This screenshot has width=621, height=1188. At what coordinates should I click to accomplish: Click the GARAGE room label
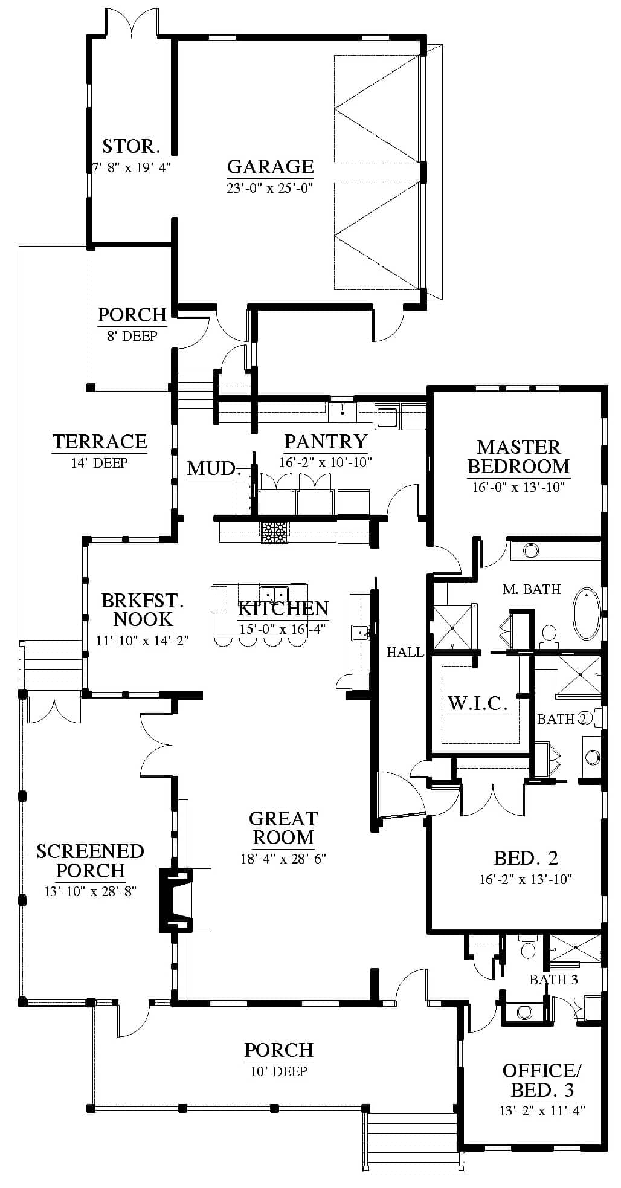click(271, 166)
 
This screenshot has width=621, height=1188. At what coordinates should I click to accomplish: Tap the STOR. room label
click(131, 146)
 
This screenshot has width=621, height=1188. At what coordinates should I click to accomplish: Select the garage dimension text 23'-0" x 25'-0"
click(271, 187)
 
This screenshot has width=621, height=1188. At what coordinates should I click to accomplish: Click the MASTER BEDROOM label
click(519, 456)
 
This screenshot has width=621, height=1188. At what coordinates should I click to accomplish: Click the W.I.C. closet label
click(477, 703)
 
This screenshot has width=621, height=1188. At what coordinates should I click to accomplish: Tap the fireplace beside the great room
click(175, 900)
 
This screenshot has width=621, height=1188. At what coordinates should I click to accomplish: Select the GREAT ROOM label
click(283, 828)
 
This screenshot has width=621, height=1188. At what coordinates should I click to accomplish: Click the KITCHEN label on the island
click(283, 608)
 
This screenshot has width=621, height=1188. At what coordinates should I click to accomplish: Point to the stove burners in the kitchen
click(275, 532)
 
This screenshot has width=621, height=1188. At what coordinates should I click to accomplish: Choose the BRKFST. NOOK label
click(143, 610)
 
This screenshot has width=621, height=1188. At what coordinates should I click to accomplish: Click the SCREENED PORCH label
click(90, 860)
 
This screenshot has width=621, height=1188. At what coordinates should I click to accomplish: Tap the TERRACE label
click(100, 442)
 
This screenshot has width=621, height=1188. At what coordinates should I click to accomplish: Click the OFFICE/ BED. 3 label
click(542, 1080)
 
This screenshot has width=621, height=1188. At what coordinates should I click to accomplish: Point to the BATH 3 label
click(553, 980)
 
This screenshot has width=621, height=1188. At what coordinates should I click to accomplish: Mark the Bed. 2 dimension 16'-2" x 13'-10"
click(526, 879)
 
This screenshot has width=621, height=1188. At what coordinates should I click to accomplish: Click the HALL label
click(405, 652)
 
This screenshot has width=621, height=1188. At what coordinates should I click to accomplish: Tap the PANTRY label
click(326, 442)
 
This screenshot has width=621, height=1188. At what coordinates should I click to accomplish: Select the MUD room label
click(211, 468)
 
